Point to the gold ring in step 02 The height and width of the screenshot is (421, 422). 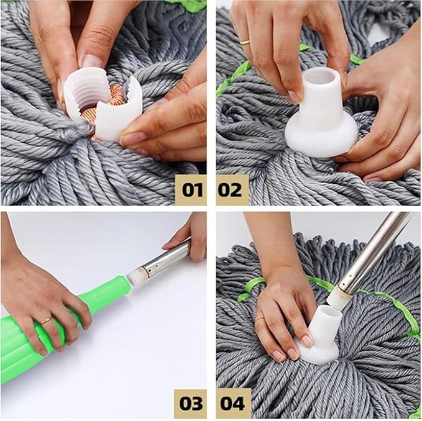pos(245,42)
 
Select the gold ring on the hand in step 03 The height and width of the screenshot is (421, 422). pos(46,321)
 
